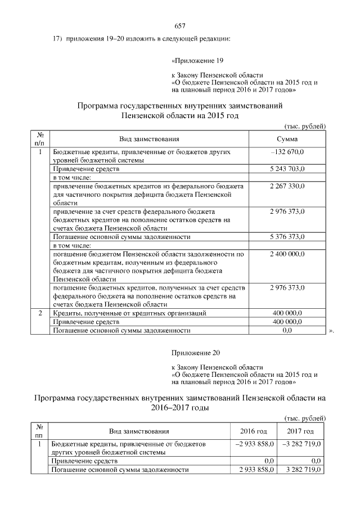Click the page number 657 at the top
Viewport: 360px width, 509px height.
(x=180, y=26)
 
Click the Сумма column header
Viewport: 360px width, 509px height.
(x=287, y=139)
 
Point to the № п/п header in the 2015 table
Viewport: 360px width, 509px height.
(x=40, y=139)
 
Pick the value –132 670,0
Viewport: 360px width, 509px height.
(x=287, y=152)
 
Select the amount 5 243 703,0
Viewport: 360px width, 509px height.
(x=287, y=169)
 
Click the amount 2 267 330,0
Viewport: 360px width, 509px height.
(x=287, y=186)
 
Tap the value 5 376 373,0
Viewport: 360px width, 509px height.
(x=287, y=237)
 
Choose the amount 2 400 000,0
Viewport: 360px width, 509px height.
(x=287, y=254)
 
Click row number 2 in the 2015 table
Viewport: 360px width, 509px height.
(x=40, y=313)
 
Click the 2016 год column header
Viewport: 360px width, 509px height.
(x=254, y=431)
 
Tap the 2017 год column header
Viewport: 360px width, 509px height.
(x=300, y=431)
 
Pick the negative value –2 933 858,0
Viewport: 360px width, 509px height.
(x=254, y=444)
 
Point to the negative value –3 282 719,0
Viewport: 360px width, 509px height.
(x=300, y=444)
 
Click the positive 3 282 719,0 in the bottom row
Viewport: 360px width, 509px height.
(x=300, y=470)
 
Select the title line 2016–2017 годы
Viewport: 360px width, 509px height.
(x=180, y=408)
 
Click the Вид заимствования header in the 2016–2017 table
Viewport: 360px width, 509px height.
(x=139, y=431)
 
